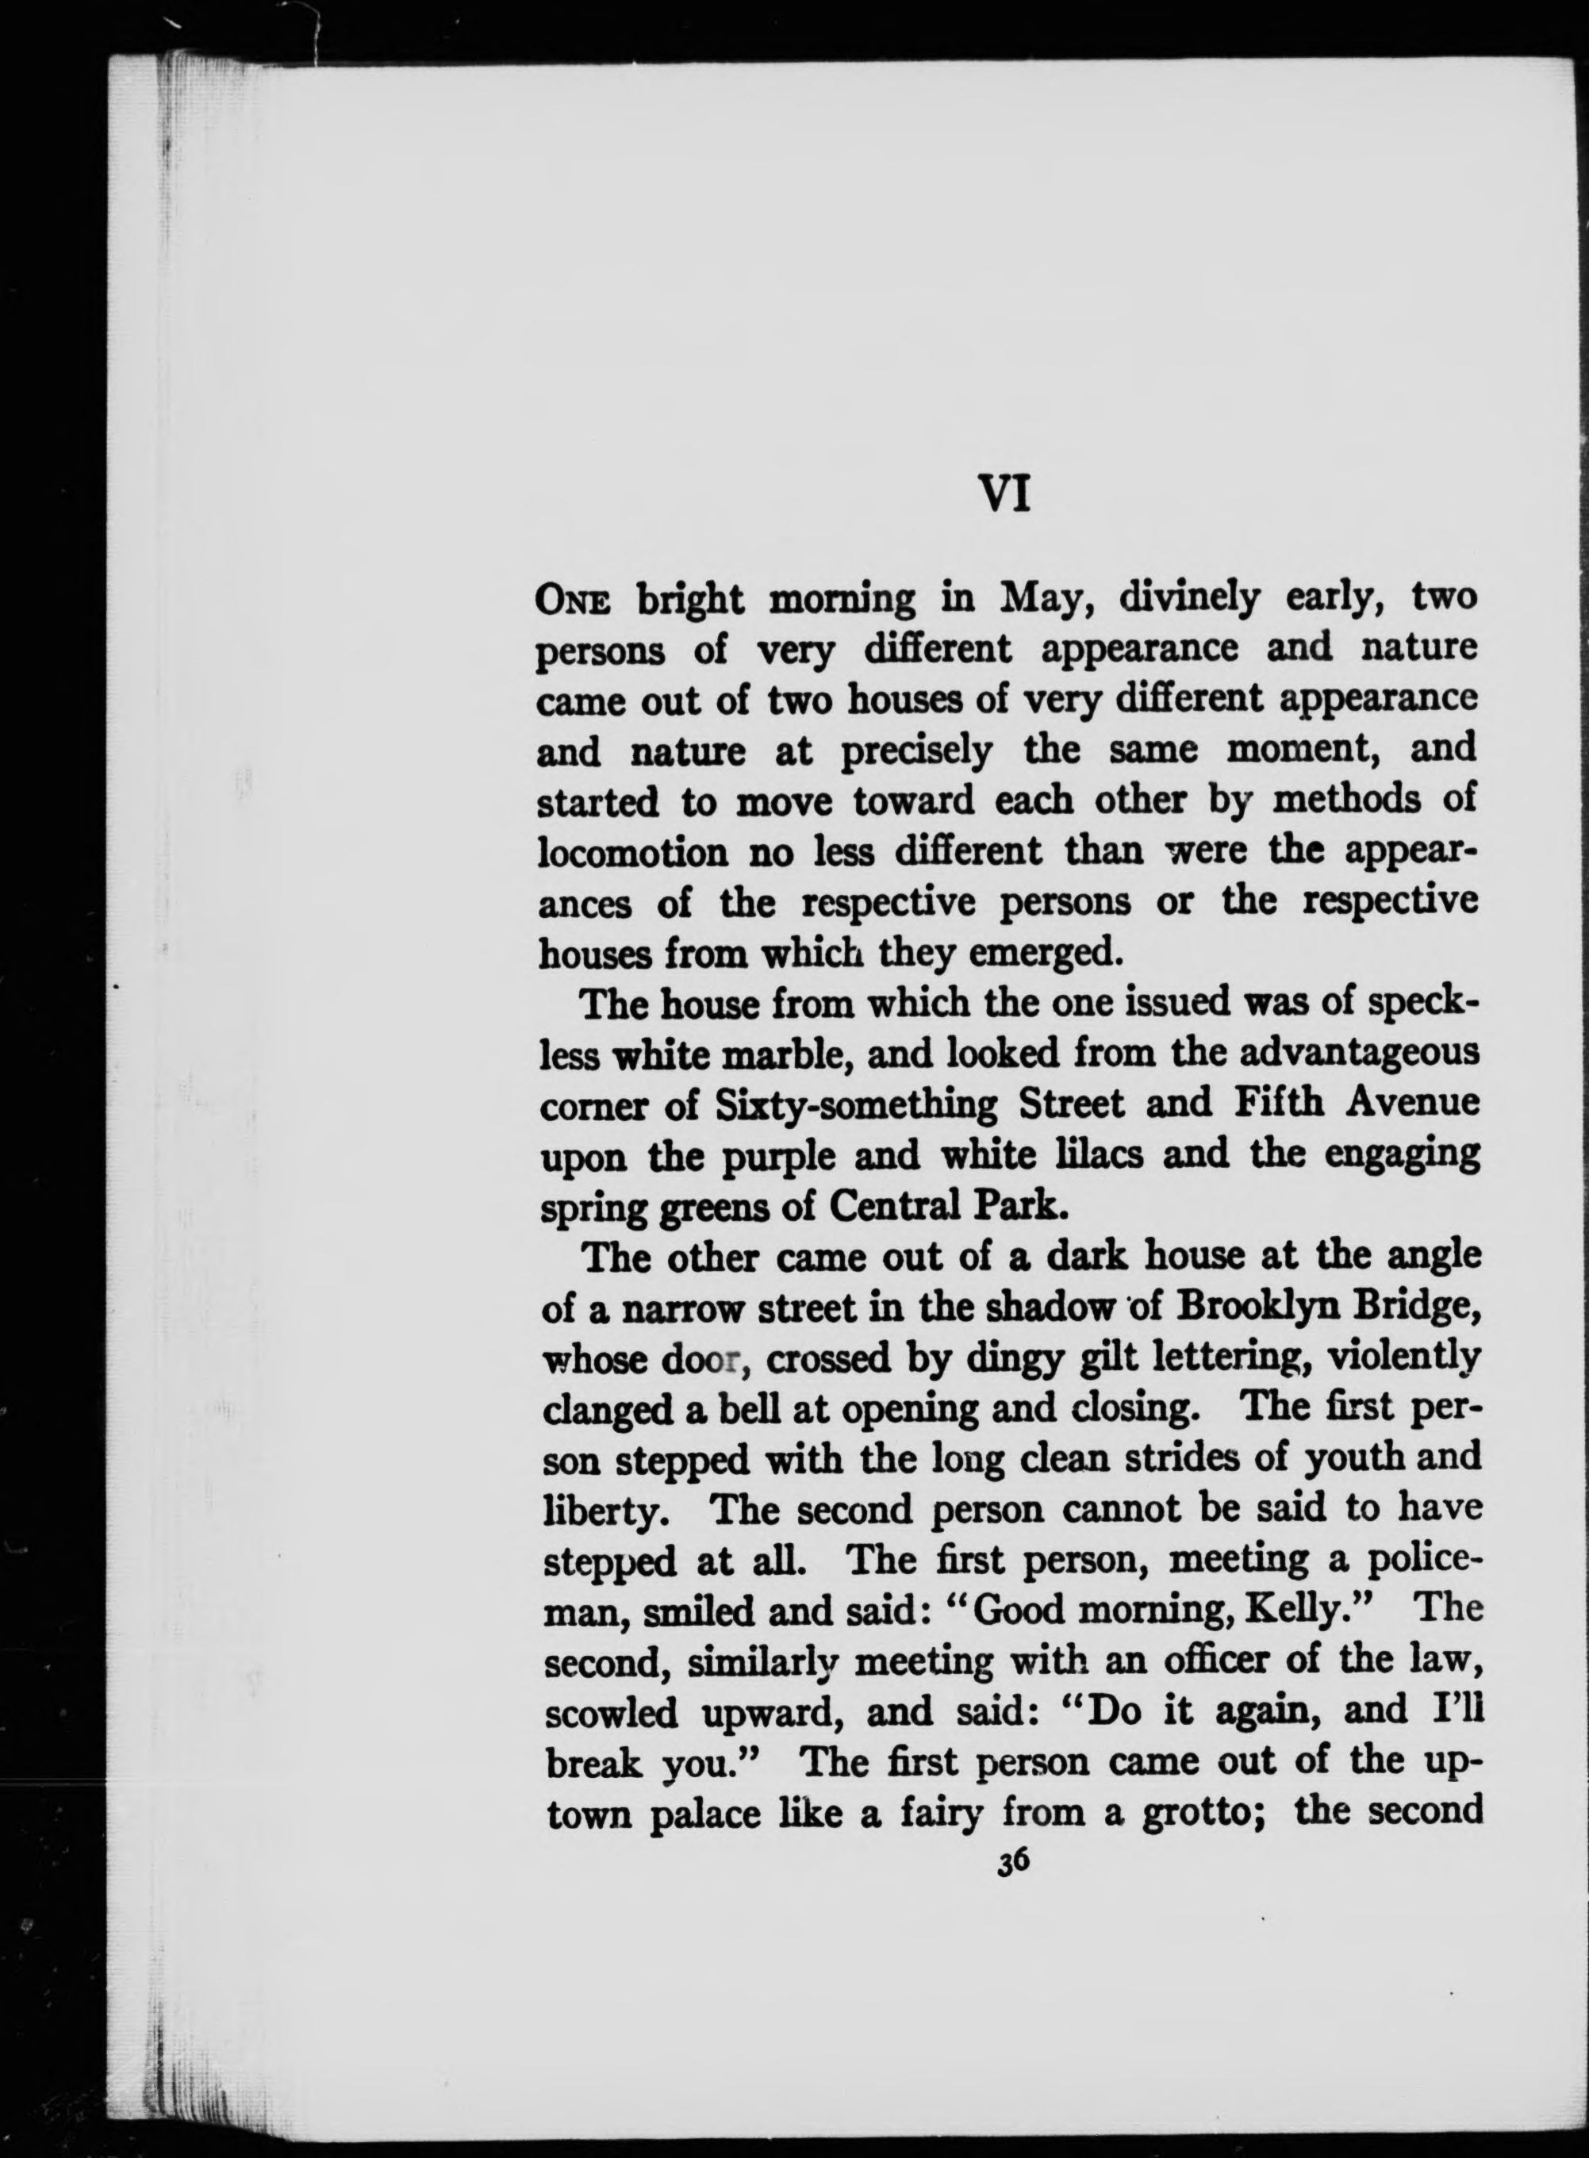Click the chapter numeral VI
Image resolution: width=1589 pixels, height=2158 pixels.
[1004, 496]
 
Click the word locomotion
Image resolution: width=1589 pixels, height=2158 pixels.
[631, 852]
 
